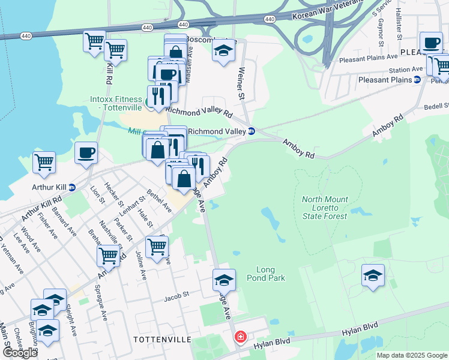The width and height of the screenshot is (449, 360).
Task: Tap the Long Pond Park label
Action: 270,274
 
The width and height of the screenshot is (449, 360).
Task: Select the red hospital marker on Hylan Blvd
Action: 241,338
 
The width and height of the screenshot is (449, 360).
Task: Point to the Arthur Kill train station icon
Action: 72,187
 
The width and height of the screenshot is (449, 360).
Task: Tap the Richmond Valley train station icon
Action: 252,131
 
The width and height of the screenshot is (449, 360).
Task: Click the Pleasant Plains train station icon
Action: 417,79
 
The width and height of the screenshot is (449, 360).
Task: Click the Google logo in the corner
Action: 20,352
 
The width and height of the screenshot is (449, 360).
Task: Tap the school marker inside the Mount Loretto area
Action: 373,276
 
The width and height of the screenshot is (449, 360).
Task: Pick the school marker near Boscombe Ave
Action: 223,50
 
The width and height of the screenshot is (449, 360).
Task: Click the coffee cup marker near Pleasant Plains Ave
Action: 431,43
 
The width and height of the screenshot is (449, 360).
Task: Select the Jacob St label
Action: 177,295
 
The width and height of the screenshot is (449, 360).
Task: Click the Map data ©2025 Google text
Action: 412,355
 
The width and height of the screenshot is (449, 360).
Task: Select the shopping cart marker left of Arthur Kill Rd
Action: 44,163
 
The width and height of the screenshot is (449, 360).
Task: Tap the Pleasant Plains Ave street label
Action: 369,58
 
